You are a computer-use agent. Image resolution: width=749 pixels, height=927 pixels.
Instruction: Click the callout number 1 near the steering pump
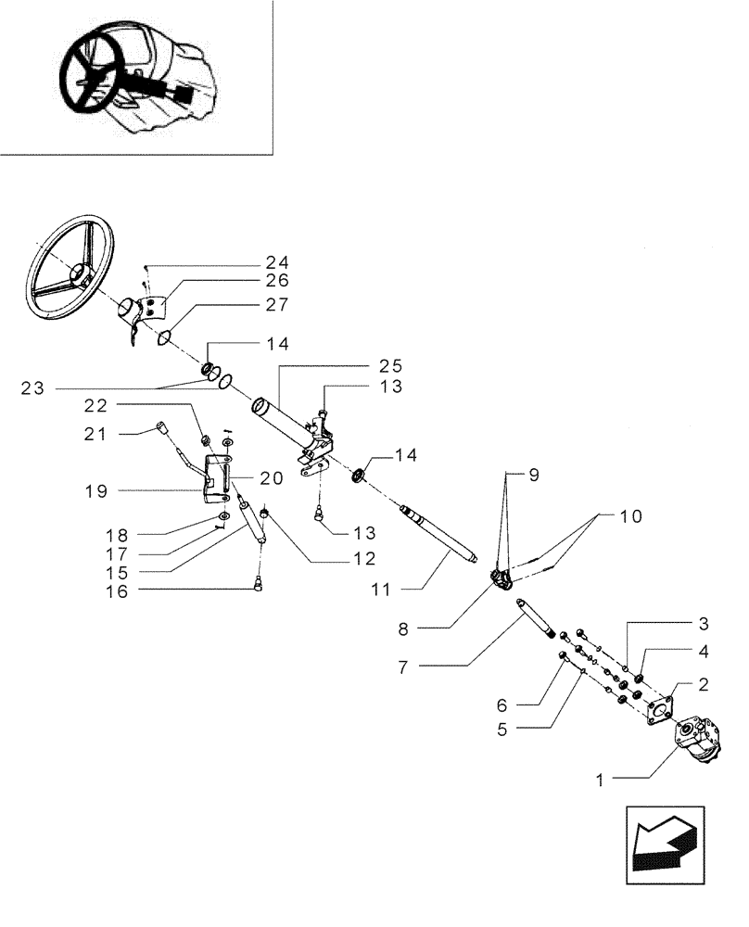pos(601,781)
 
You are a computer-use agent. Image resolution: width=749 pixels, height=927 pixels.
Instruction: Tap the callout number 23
pos(32,389)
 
